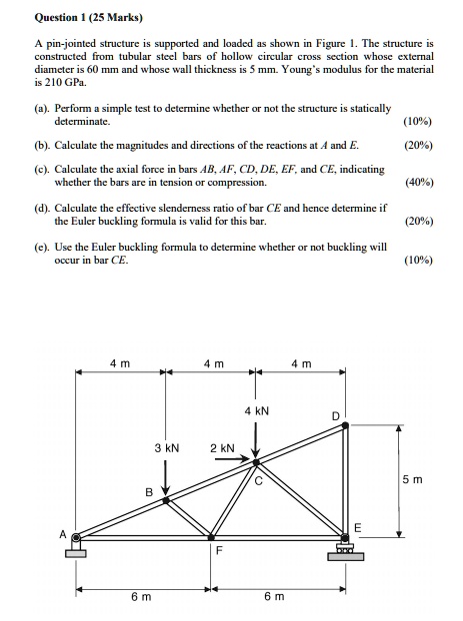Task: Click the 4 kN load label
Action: pos(256,411)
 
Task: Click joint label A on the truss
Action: pos(61,534)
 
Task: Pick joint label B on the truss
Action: pos(149,491)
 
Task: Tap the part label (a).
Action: pos(40,107)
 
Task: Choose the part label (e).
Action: pos(40,245)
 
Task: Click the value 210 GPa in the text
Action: pos(55,84)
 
